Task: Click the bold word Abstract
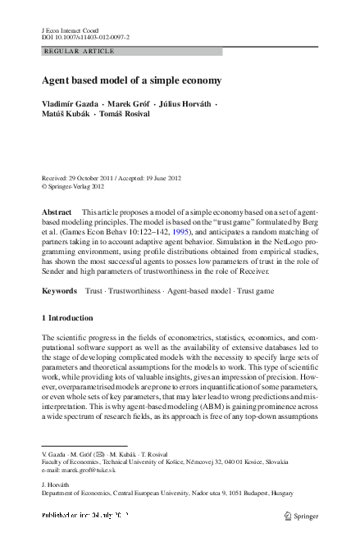[57, 212]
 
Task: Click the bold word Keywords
[59, 291]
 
